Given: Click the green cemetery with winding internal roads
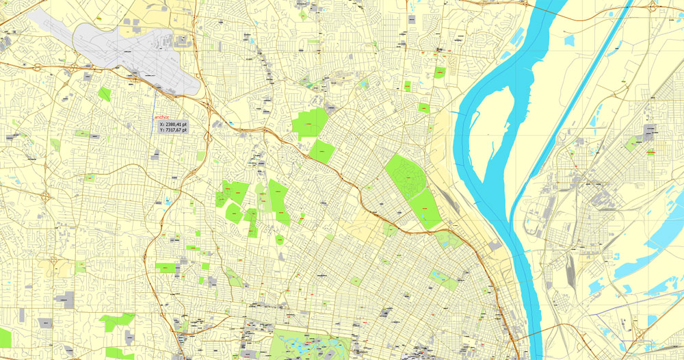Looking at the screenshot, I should click(x=405, y=175).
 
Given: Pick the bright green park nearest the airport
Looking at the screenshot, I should click(x=104, y=94).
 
